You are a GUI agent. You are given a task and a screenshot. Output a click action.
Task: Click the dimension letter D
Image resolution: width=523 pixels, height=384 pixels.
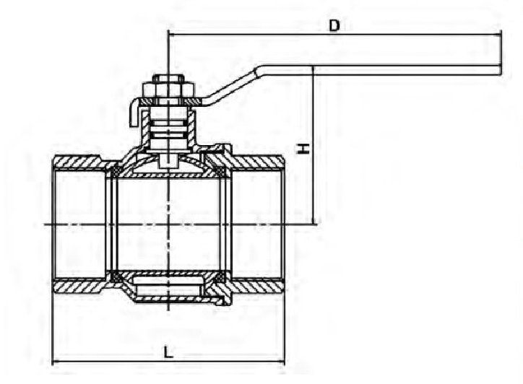coord(334,25)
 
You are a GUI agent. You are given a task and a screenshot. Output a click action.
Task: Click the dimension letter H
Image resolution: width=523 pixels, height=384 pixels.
coord(303,149)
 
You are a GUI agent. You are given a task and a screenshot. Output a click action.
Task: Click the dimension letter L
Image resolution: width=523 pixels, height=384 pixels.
coord(169,352)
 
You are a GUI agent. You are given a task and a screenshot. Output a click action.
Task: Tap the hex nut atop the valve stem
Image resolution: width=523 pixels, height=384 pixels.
coord(168,87)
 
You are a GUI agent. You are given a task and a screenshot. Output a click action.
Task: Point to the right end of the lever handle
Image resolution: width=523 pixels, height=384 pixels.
coord(501,70)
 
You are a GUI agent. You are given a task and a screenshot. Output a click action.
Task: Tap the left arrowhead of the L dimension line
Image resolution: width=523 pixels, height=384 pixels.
coord(56,362)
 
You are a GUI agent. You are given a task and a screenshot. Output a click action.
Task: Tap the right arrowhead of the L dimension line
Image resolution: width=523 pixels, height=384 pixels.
coord(281,362)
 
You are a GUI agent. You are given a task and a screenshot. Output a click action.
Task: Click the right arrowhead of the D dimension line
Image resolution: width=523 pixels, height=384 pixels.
coord(498,34)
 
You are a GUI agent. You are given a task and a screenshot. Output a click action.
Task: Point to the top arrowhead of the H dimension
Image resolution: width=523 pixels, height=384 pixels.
coord(313,69)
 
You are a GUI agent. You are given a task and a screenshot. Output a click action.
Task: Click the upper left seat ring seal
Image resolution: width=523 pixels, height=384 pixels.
coord(115,173)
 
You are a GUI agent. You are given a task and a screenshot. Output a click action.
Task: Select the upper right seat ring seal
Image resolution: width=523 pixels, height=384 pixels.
coord(220,173)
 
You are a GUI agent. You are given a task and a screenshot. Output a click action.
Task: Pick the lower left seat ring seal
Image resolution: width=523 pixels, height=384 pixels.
coord(115,276)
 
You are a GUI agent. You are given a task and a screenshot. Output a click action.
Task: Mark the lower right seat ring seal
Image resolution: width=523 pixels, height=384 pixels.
coord(220,276)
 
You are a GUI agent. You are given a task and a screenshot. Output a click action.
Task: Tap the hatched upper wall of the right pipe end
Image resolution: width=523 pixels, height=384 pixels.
coord(257,162)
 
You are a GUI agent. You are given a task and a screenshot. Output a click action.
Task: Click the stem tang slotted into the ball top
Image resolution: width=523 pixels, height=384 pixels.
coord(168,162)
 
